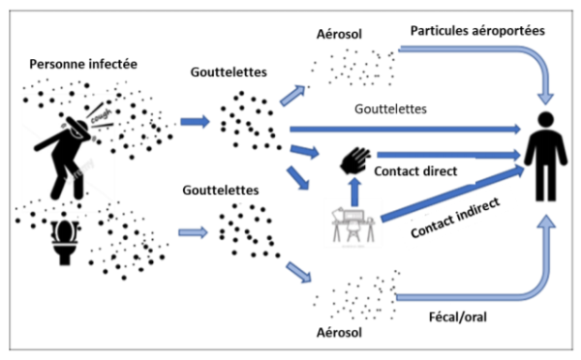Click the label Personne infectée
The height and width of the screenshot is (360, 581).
[x=83, y=64]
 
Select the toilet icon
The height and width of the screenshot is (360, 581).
[x=65, y=242]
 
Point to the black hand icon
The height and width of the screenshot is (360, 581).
[x=355, y=161]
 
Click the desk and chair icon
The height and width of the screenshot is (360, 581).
[x=353, y=225]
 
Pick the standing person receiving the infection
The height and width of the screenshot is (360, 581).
[x=545, y=157]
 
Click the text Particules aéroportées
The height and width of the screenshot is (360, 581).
[x=477, y=31]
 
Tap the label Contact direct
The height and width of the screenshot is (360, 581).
[x=415, y=171]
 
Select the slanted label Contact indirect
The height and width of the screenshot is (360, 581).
[x=455, y=218]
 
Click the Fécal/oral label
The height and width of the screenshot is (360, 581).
[x=458, y=317]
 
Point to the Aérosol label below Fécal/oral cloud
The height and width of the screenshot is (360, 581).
[x=339, y=333]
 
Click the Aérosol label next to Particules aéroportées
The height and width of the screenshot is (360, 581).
[x=339, y=34]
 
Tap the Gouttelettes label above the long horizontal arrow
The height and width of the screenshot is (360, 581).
[x=390, y=109]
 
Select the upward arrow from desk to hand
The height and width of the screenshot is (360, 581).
[x=355, y=192]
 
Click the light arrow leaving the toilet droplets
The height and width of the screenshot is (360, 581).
[x=193, y=232]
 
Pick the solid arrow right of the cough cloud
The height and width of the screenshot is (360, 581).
[x=196, y=122]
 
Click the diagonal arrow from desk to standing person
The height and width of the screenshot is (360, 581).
[x=453, y=194]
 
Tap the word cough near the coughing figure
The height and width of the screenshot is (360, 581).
[x=101, y=116]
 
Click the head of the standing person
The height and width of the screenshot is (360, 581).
[x=546, y=120]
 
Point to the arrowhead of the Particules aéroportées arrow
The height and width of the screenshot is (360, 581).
[x=546, y=99]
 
